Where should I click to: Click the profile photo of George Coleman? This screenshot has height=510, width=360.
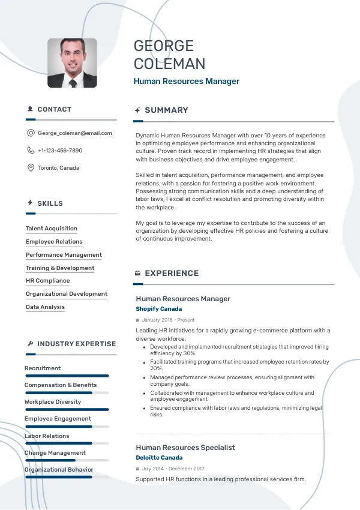click(x=72, y=63)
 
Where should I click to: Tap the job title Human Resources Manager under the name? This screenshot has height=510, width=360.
click(x=186, y=82)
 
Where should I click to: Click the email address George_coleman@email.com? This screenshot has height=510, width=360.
click(x=74, y=133)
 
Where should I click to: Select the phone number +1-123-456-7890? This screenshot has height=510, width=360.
click(x=60, y=151)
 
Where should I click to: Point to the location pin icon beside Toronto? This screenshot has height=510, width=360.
click(x=31, y=168)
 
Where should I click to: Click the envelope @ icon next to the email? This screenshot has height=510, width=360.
click(x=31, y=133)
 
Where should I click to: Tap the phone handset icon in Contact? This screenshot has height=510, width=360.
click(x=31, y=151)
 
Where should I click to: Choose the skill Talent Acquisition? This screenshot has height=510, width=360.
click(x=52, y=229)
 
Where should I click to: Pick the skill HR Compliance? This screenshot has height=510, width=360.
click(x=47, y=281)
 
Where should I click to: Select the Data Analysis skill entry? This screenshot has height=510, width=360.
click(x=45, y=307)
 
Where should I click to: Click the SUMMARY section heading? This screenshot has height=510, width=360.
click(x=166, y=110)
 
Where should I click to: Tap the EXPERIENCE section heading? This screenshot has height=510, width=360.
click(x=172, y=274)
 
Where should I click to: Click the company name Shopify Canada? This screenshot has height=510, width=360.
click(x=159, y=309)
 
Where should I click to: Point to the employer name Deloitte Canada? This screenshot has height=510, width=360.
click(x=159, y=458)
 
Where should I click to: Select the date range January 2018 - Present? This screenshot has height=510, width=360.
click(x=168, y=320)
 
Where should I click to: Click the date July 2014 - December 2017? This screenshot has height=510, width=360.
click(x=173, y=469)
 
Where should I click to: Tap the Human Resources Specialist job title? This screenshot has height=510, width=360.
click(x=185, y=448)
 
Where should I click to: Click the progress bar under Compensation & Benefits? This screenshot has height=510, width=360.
click(x=66, y=393)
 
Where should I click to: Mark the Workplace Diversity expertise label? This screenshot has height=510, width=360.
click(x=53, y=402)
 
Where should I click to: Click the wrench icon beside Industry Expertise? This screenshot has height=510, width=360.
click(x=30, y=344)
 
